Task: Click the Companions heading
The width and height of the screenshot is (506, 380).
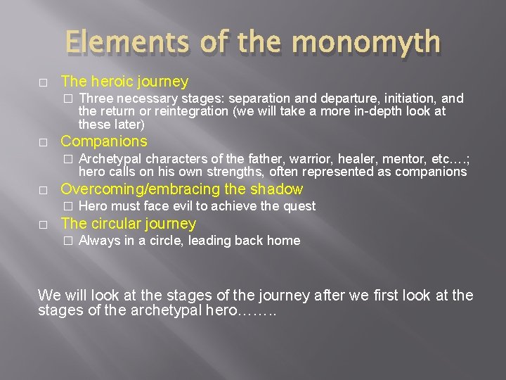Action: click(x=104, y=141)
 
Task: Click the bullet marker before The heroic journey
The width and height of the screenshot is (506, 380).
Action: click(x=44, y=82)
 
